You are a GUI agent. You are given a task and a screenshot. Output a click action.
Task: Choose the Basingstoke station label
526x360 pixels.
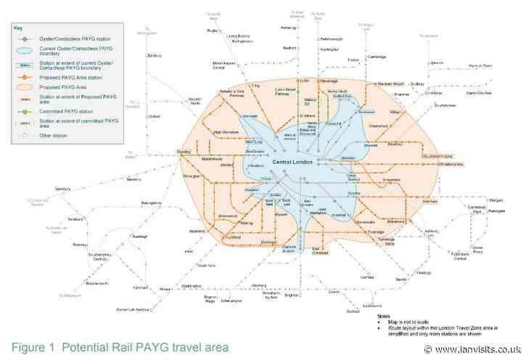click(x=149, y=202)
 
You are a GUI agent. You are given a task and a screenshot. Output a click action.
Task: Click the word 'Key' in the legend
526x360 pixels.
click(x=19, y=28)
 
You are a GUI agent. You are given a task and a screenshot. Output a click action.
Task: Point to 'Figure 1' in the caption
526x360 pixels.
click(x=34, y=347)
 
